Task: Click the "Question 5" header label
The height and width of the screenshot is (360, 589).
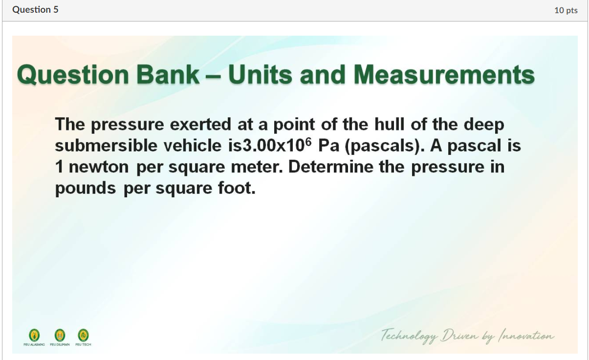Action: (x=35, y=10)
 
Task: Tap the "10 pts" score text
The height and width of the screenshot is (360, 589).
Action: (x=566, y=10)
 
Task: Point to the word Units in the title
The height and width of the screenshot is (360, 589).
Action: (x=261, y=75)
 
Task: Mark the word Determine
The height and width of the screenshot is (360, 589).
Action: (x=332, y=167)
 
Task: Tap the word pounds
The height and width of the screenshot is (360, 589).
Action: (x=86, y=189)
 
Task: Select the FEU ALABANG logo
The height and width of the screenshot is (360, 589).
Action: (x=34, y=335)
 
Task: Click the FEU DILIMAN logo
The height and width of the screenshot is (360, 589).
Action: (x=60, y=335)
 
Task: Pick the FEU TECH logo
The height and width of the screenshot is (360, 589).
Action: (x=83, y=335)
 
